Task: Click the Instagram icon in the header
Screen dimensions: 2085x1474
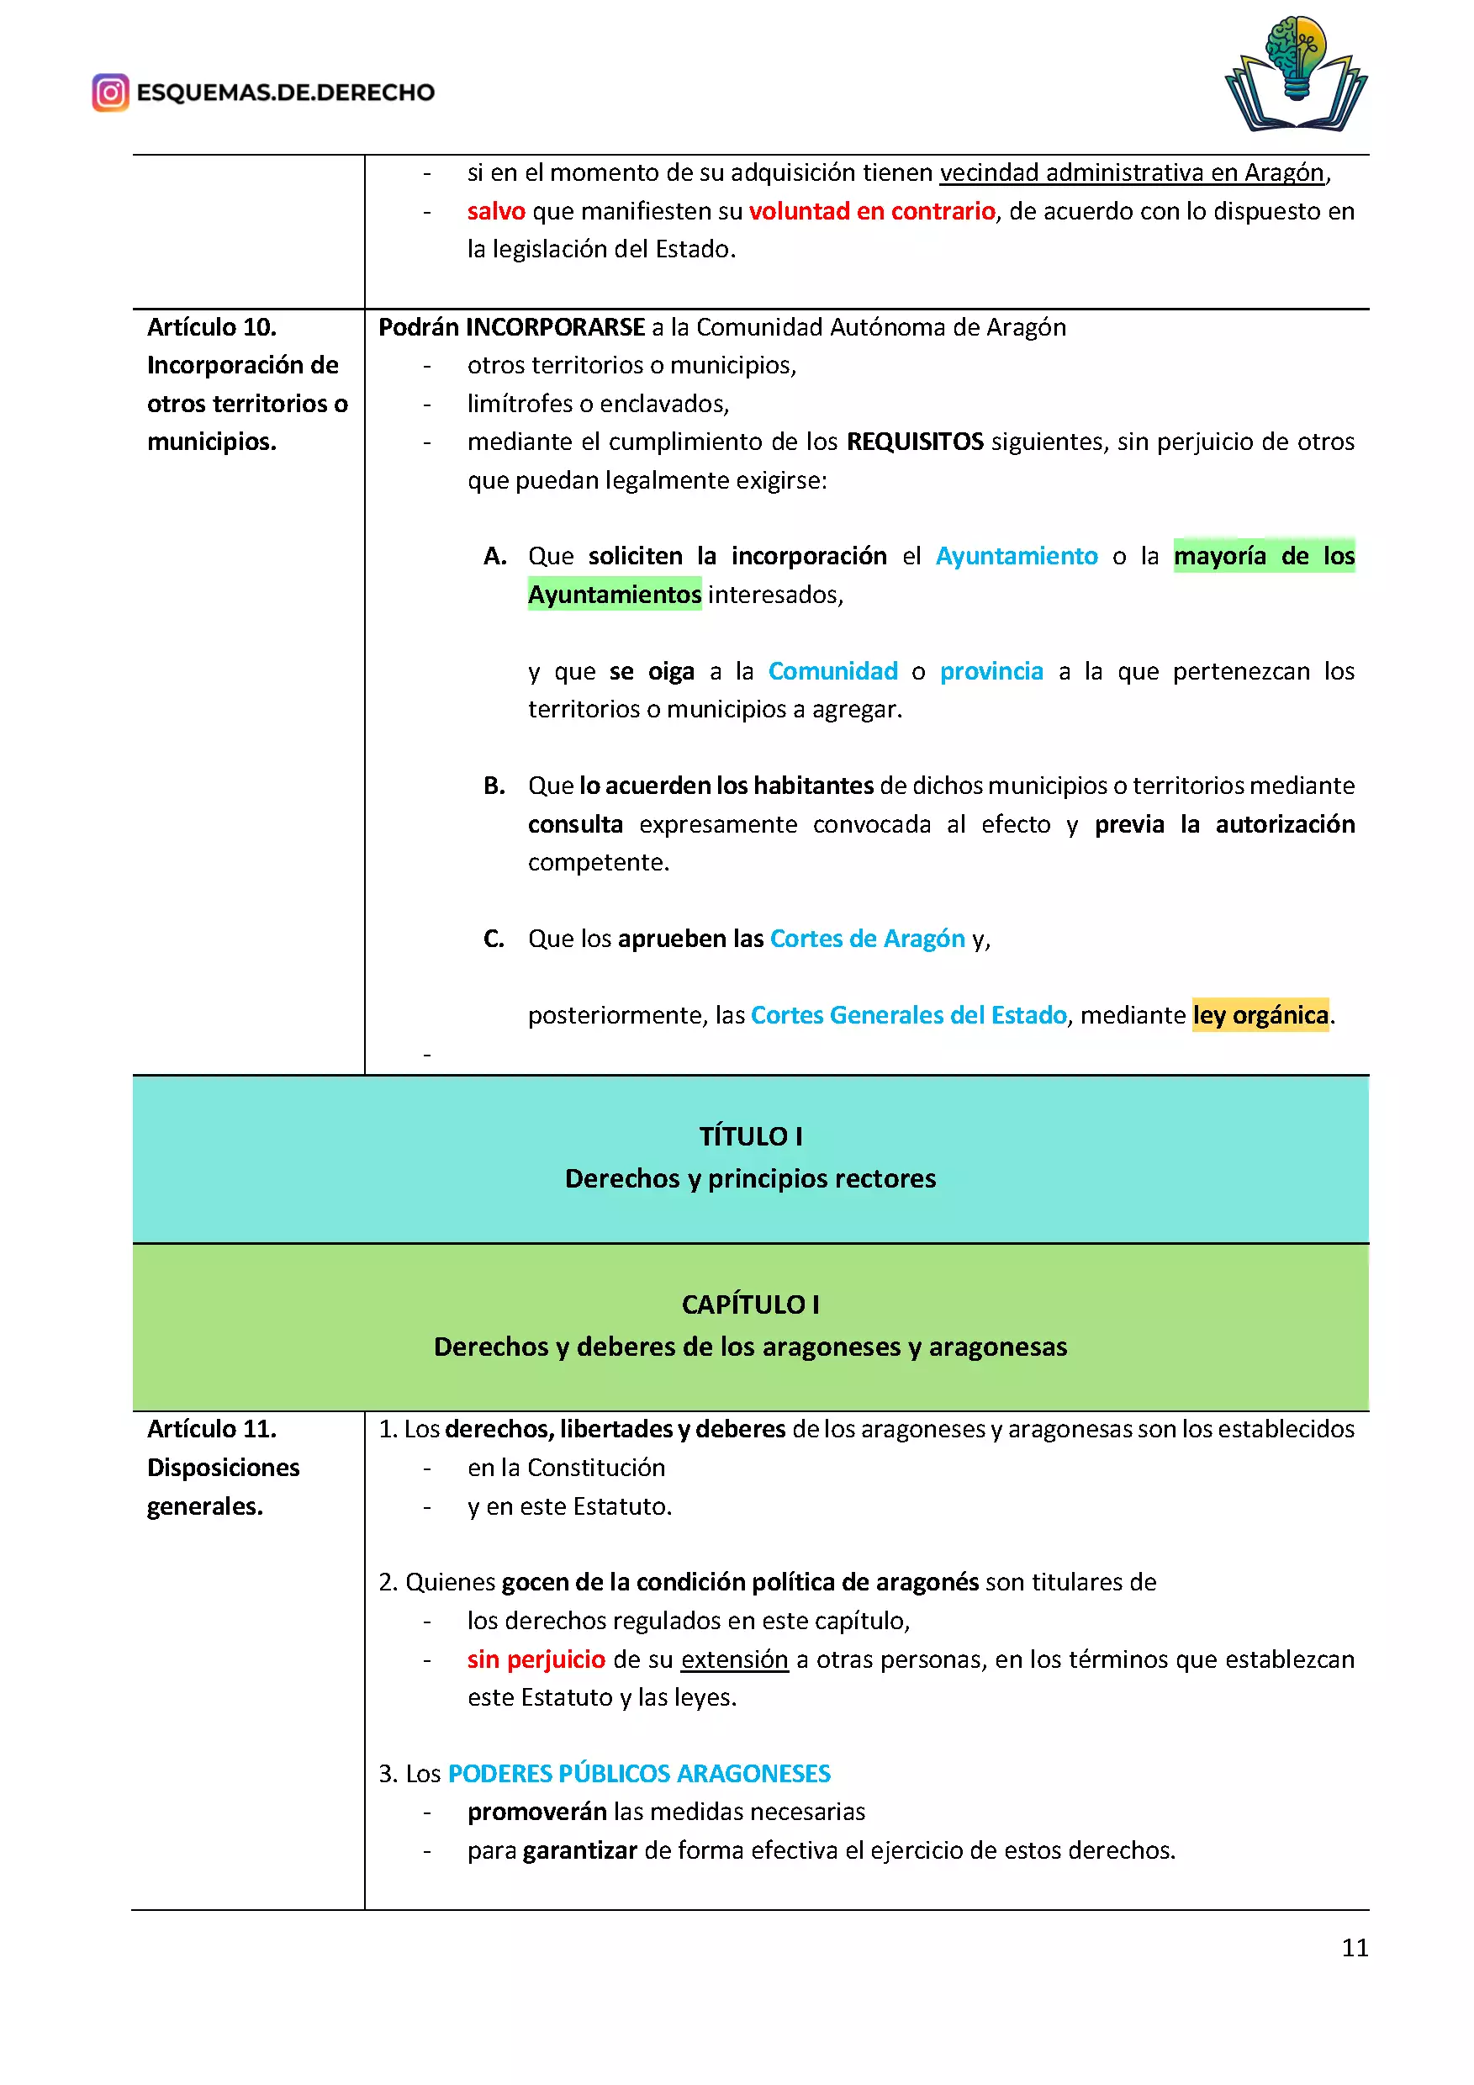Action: (111, 93)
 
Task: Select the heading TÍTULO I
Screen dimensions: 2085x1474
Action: (751, 1136)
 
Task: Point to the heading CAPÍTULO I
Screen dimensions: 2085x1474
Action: (751, 1304)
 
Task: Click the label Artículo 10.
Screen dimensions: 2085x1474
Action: (212, 327)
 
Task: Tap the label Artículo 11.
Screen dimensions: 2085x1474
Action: (212, 1428)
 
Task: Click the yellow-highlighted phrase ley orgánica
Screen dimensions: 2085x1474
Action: (1260, 1014)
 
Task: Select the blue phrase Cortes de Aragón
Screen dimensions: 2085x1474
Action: (867, 938)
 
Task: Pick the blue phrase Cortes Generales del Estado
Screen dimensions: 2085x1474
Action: (909, 1014)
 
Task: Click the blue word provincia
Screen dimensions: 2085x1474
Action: (991, 671)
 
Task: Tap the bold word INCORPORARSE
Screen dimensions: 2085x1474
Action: (556, 327)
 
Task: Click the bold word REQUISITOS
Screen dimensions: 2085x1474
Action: (915, 442)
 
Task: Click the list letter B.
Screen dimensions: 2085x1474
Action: (494, 786)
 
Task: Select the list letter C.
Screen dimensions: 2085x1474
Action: (494, 938)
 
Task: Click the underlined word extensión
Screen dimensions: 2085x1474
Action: (734, 1659)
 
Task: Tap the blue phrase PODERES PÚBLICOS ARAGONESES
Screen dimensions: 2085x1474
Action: (639, 1774)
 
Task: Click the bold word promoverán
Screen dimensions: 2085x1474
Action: (536, 1812)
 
